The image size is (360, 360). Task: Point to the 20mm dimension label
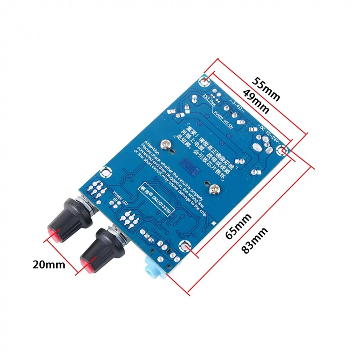click(x=49, y=265)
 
